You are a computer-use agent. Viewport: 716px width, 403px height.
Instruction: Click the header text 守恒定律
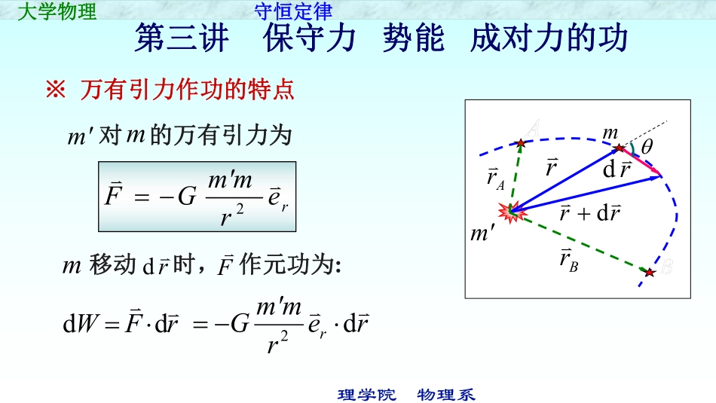(x=293, y=11)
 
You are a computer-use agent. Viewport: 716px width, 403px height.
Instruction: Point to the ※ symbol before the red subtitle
(x=56, y=91)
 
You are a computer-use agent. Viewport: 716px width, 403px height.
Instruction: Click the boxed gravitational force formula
(x=197, y=196)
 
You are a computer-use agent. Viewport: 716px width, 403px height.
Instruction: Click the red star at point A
(x=520, y=142)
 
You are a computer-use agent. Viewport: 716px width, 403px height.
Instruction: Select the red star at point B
(x=650, y=272)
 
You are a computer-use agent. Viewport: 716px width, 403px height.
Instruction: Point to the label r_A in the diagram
(x=495, y=179)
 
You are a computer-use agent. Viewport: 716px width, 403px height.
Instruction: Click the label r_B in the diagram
(x=568, y=261)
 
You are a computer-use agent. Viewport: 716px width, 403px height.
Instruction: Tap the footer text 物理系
(x=446, y=395)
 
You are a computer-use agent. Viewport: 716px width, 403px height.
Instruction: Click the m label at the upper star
(x=610, y=133)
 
